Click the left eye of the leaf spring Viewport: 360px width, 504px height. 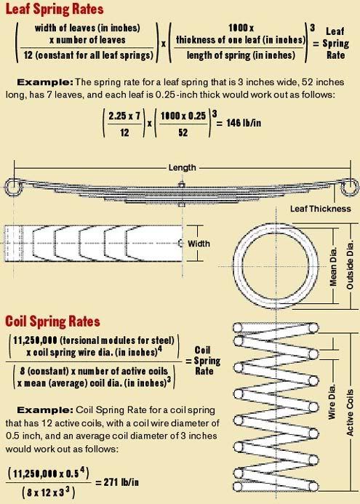tap(12, 189)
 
